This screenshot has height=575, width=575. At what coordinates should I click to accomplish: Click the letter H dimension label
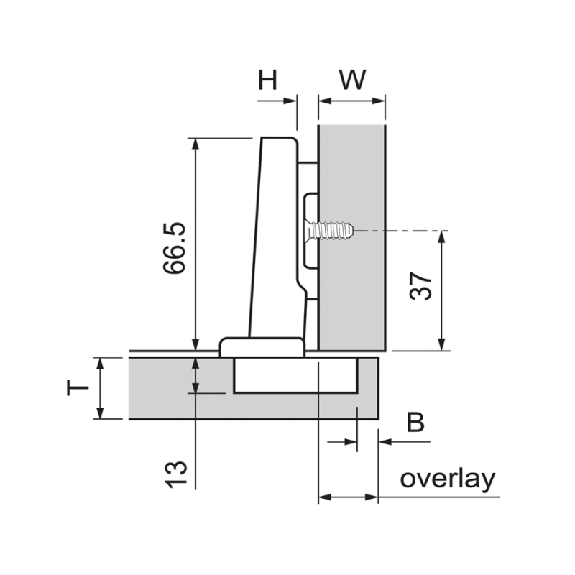[268, 80]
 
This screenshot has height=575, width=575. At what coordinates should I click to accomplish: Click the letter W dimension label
[352, 80]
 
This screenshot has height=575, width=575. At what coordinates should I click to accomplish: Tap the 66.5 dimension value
[175, 248]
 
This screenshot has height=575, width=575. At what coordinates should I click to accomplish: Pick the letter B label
[415, 423]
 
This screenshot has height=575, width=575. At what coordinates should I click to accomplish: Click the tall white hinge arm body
[277, 237]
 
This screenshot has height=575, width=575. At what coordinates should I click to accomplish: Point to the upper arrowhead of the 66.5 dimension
[195, 144]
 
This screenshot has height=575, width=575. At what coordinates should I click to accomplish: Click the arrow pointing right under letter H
[291, 101]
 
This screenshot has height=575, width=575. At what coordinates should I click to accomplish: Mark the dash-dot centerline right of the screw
[402, 231]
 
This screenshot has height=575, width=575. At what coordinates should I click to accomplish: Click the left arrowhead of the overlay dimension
[323, 497]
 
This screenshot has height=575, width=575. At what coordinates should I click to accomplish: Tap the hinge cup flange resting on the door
[262, 346]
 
